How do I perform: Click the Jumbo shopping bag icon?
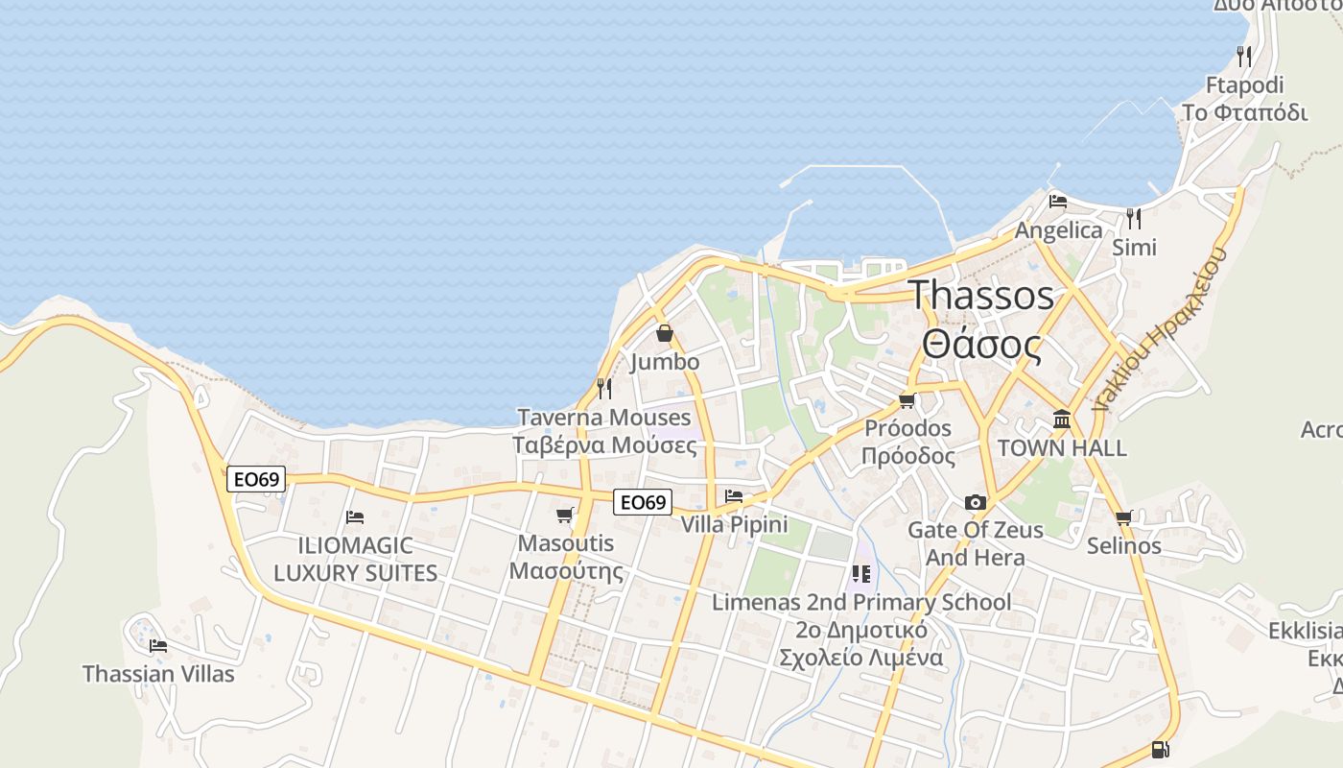click(x=664, y=333)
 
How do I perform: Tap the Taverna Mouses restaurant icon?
click(x=604, y=388)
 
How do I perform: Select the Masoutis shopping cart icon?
click(x=565, y=515)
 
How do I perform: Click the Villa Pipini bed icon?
click(x=734, y=496)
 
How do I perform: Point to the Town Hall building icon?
click(x=1062, y=420)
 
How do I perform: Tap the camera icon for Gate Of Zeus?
click(x=976, y=502)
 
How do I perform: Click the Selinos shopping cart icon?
click(x=1124, y=517)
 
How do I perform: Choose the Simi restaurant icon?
click(x=1134, y=218)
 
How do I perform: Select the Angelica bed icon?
click(x=1058, y=202)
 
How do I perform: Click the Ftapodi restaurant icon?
click(x=1244, y=56)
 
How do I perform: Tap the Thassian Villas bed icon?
click(x=158, y=645)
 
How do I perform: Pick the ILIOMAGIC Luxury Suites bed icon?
click(x=355, y=516)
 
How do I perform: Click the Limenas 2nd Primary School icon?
click(x=860, y=574)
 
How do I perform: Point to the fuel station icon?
click(x=1160, y=750)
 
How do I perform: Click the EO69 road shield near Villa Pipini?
click(x=643, y=501)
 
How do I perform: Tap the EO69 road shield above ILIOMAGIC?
click(x=256, y=478)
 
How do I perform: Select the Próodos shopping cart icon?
click(x=907, y=400)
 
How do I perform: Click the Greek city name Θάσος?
click(x=981, y=345)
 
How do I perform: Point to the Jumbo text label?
click(x=665, y=362)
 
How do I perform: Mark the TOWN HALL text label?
click(x=1062, y=448)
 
